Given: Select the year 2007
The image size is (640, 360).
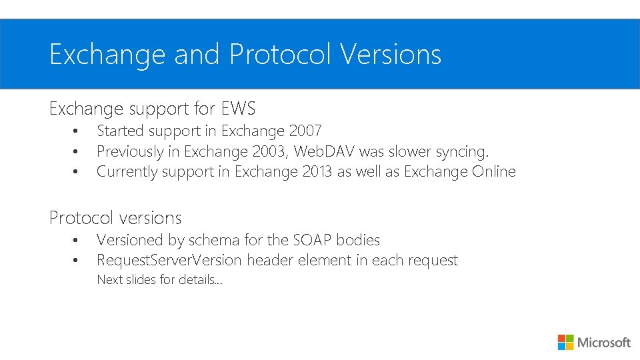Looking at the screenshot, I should point(305,131).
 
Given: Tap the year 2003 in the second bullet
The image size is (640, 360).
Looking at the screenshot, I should point(268,151).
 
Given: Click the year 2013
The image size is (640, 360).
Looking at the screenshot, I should point(319,171).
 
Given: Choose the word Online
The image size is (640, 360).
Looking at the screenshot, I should point(494,171).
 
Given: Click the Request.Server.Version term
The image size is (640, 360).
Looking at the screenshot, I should point(169,260).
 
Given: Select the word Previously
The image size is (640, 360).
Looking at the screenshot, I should point(129,151).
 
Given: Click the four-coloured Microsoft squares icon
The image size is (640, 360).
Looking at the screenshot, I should point(565,342).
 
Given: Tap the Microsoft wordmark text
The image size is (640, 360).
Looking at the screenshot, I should point(603,343).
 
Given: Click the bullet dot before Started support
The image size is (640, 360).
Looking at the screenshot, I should point(77,131).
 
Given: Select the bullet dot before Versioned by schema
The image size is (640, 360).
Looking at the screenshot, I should point(77,240).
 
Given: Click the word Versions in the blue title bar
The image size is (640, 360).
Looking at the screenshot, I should point(391,55).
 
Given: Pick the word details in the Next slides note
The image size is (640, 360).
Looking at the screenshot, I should point(195,280).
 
